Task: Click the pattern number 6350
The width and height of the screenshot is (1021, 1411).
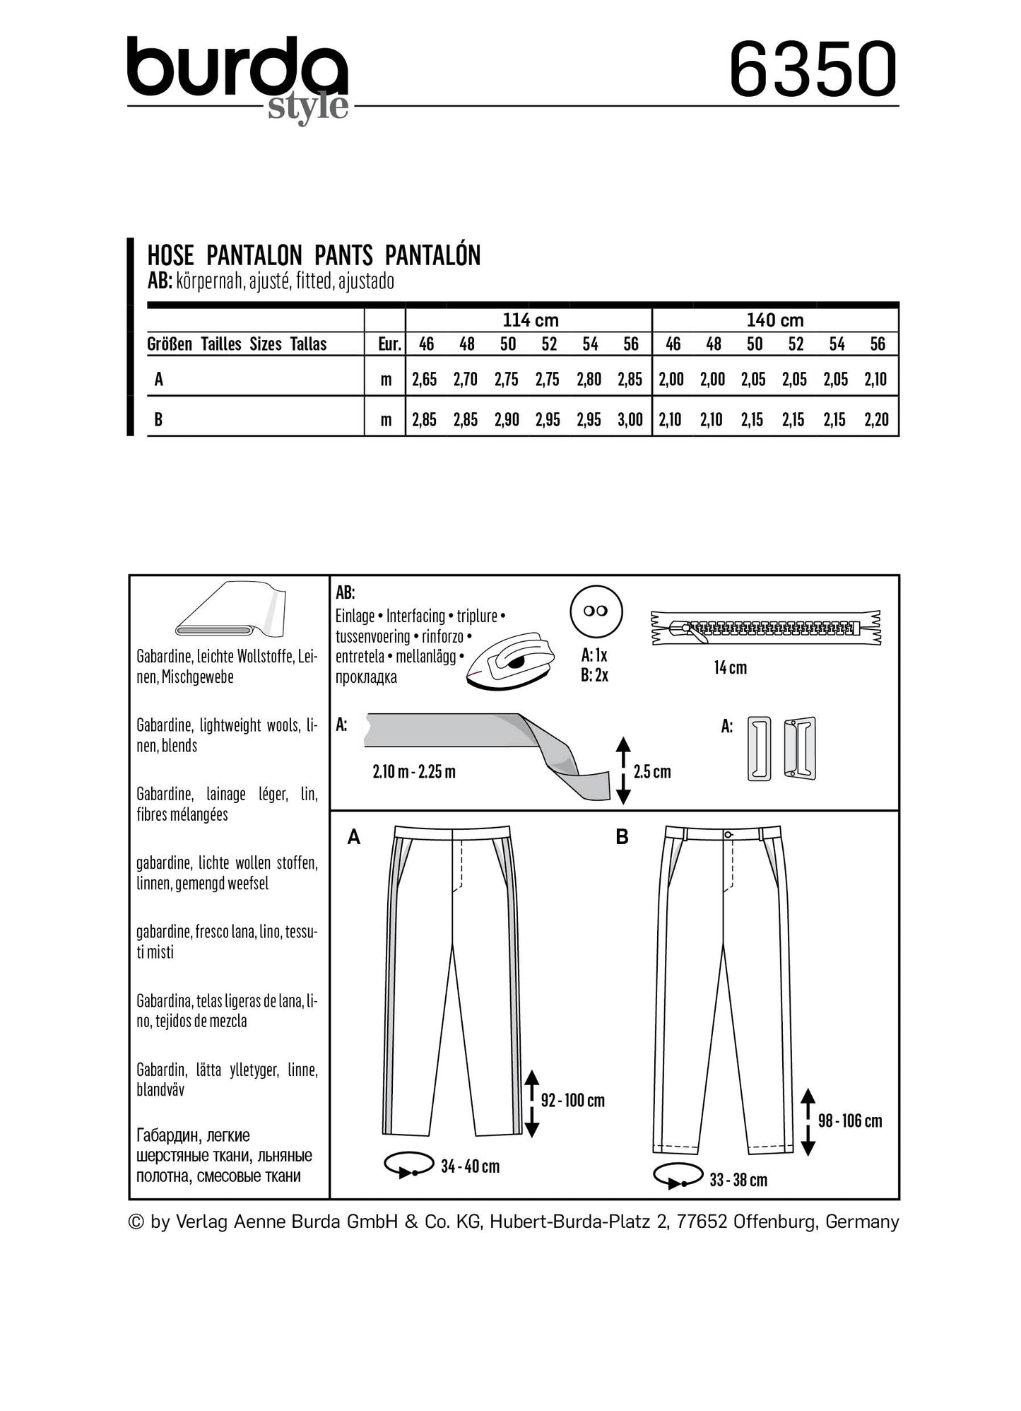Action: [813, 70]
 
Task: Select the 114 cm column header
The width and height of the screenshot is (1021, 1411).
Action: [530, 320]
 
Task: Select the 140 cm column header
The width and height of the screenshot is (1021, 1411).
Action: [775, 320]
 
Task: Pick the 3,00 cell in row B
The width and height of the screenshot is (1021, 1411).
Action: [630, 420]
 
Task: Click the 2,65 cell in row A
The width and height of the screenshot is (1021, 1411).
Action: [425, 380]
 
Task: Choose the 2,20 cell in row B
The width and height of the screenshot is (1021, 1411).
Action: [876, 420]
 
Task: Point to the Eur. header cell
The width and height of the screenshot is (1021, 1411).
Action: [389, 344]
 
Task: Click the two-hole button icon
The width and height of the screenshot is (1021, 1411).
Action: [596, 611]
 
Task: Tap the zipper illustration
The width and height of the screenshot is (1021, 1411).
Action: [766, 628]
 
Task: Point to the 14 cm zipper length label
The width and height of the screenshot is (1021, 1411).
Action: [730, 667]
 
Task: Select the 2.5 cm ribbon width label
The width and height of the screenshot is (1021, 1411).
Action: [652, 771]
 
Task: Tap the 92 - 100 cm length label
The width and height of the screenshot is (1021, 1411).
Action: [572, 1100]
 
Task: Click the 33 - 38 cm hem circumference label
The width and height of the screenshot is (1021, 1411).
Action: [738, 1180]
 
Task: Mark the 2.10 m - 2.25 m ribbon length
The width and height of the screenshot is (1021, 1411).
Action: [414, 771]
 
